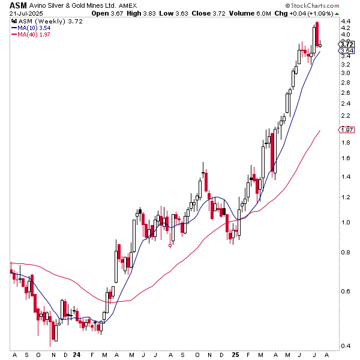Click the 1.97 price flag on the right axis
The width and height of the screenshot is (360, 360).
pos(346,130)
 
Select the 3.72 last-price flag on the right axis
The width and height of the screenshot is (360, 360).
pos(346,44)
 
